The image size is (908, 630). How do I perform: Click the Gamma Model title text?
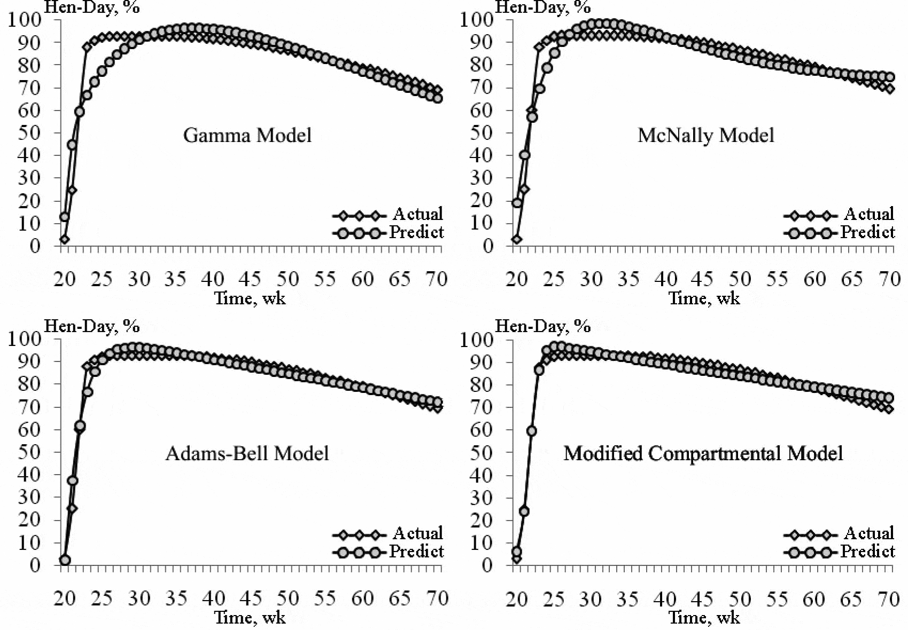pos(247,135)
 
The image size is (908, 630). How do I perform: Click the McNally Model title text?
pos(705,135)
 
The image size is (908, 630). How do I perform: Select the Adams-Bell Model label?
pos(247,453)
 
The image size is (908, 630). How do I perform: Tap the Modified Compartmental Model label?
pos(703,453)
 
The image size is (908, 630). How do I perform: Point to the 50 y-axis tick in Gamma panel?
pos(29,133)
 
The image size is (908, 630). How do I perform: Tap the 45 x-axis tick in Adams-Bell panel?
pos(250,598)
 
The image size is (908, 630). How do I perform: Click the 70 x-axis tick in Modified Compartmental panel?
pos(889,598)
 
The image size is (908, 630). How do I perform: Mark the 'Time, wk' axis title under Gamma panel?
pos(250,298)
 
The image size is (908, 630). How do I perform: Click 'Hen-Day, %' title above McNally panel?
pos(542,7)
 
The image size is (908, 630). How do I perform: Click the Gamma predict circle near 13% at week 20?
pos(65,217)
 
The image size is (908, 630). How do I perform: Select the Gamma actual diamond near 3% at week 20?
pos(65,239)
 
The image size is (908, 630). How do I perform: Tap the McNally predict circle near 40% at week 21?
pos(524,155)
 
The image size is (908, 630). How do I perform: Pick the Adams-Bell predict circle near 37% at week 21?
pos(72,481)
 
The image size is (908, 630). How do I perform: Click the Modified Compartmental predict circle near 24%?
pos(524,511)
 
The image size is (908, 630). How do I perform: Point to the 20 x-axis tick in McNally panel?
pos(516,279)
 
